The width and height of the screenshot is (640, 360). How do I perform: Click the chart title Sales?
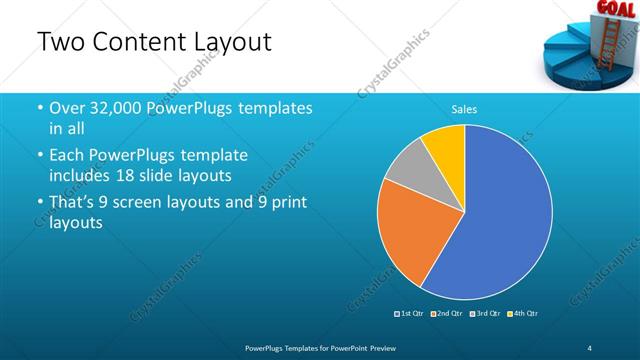tap(464, 109)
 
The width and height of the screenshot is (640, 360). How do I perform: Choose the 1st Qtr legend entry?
tap(410, 314)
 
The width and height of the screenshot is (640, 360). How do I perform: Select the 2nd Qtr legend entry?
tap(447, 314)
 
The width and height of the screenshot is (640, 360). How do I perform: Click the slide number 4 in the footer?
tap(591, 346)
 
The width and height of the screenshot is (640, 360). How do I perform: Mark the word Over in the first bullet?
tap(67, 108)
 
